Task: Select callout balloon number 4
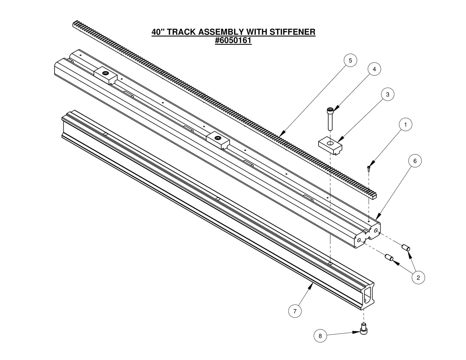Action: click(374, 69)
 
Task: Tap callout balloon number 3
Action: click(388, 94)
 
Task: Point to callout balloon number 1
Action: click(406, 124)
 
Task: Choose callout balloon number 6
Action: click(415, 161)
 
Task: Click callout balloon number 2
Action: click(418, 277)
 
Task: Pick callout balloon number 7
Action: click(295, 311)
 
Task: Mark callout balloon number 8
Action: click(320, 336)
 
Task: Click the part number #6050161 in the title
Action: click(233, 41)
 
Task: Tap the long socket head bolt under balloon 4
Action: click(331, 119)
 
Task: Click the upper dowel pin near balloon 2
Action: click(406, 248)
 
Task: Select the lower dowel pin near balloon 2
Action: click(388, 258)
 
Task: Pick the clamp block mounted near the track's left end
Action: click(105, 75)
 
